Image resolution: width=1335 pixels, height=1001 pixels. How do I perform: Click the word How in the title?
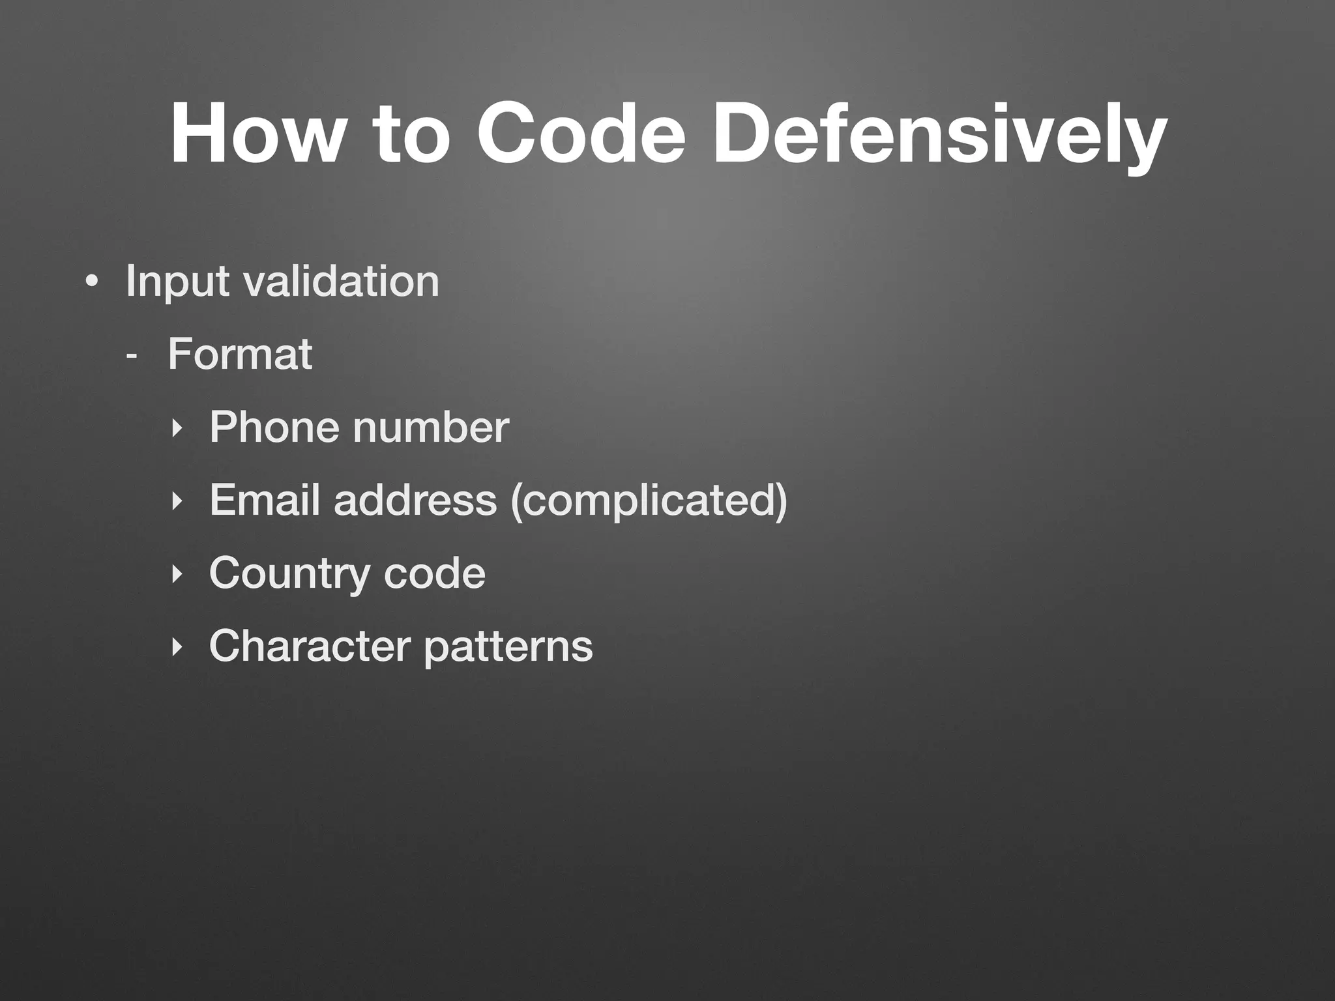[x=255, y=134]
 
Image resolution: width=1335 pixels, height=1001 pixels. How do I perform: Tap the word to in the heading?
[x=411, y=134]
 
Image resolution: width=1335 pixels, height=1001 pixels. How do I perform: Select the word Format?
[x=240, y=355]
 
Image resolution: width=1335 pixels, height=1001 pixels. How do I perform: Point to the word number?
[x=431, y=428]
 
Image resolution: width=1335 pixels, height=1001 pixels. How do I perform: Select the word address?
[x=415, y=500]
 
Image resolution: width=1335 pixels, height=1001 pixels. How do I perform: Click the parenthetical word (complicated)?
[x=649, y=502]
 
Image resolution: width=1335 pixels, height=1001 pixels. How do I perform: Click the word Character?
[x=310, y=646]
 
